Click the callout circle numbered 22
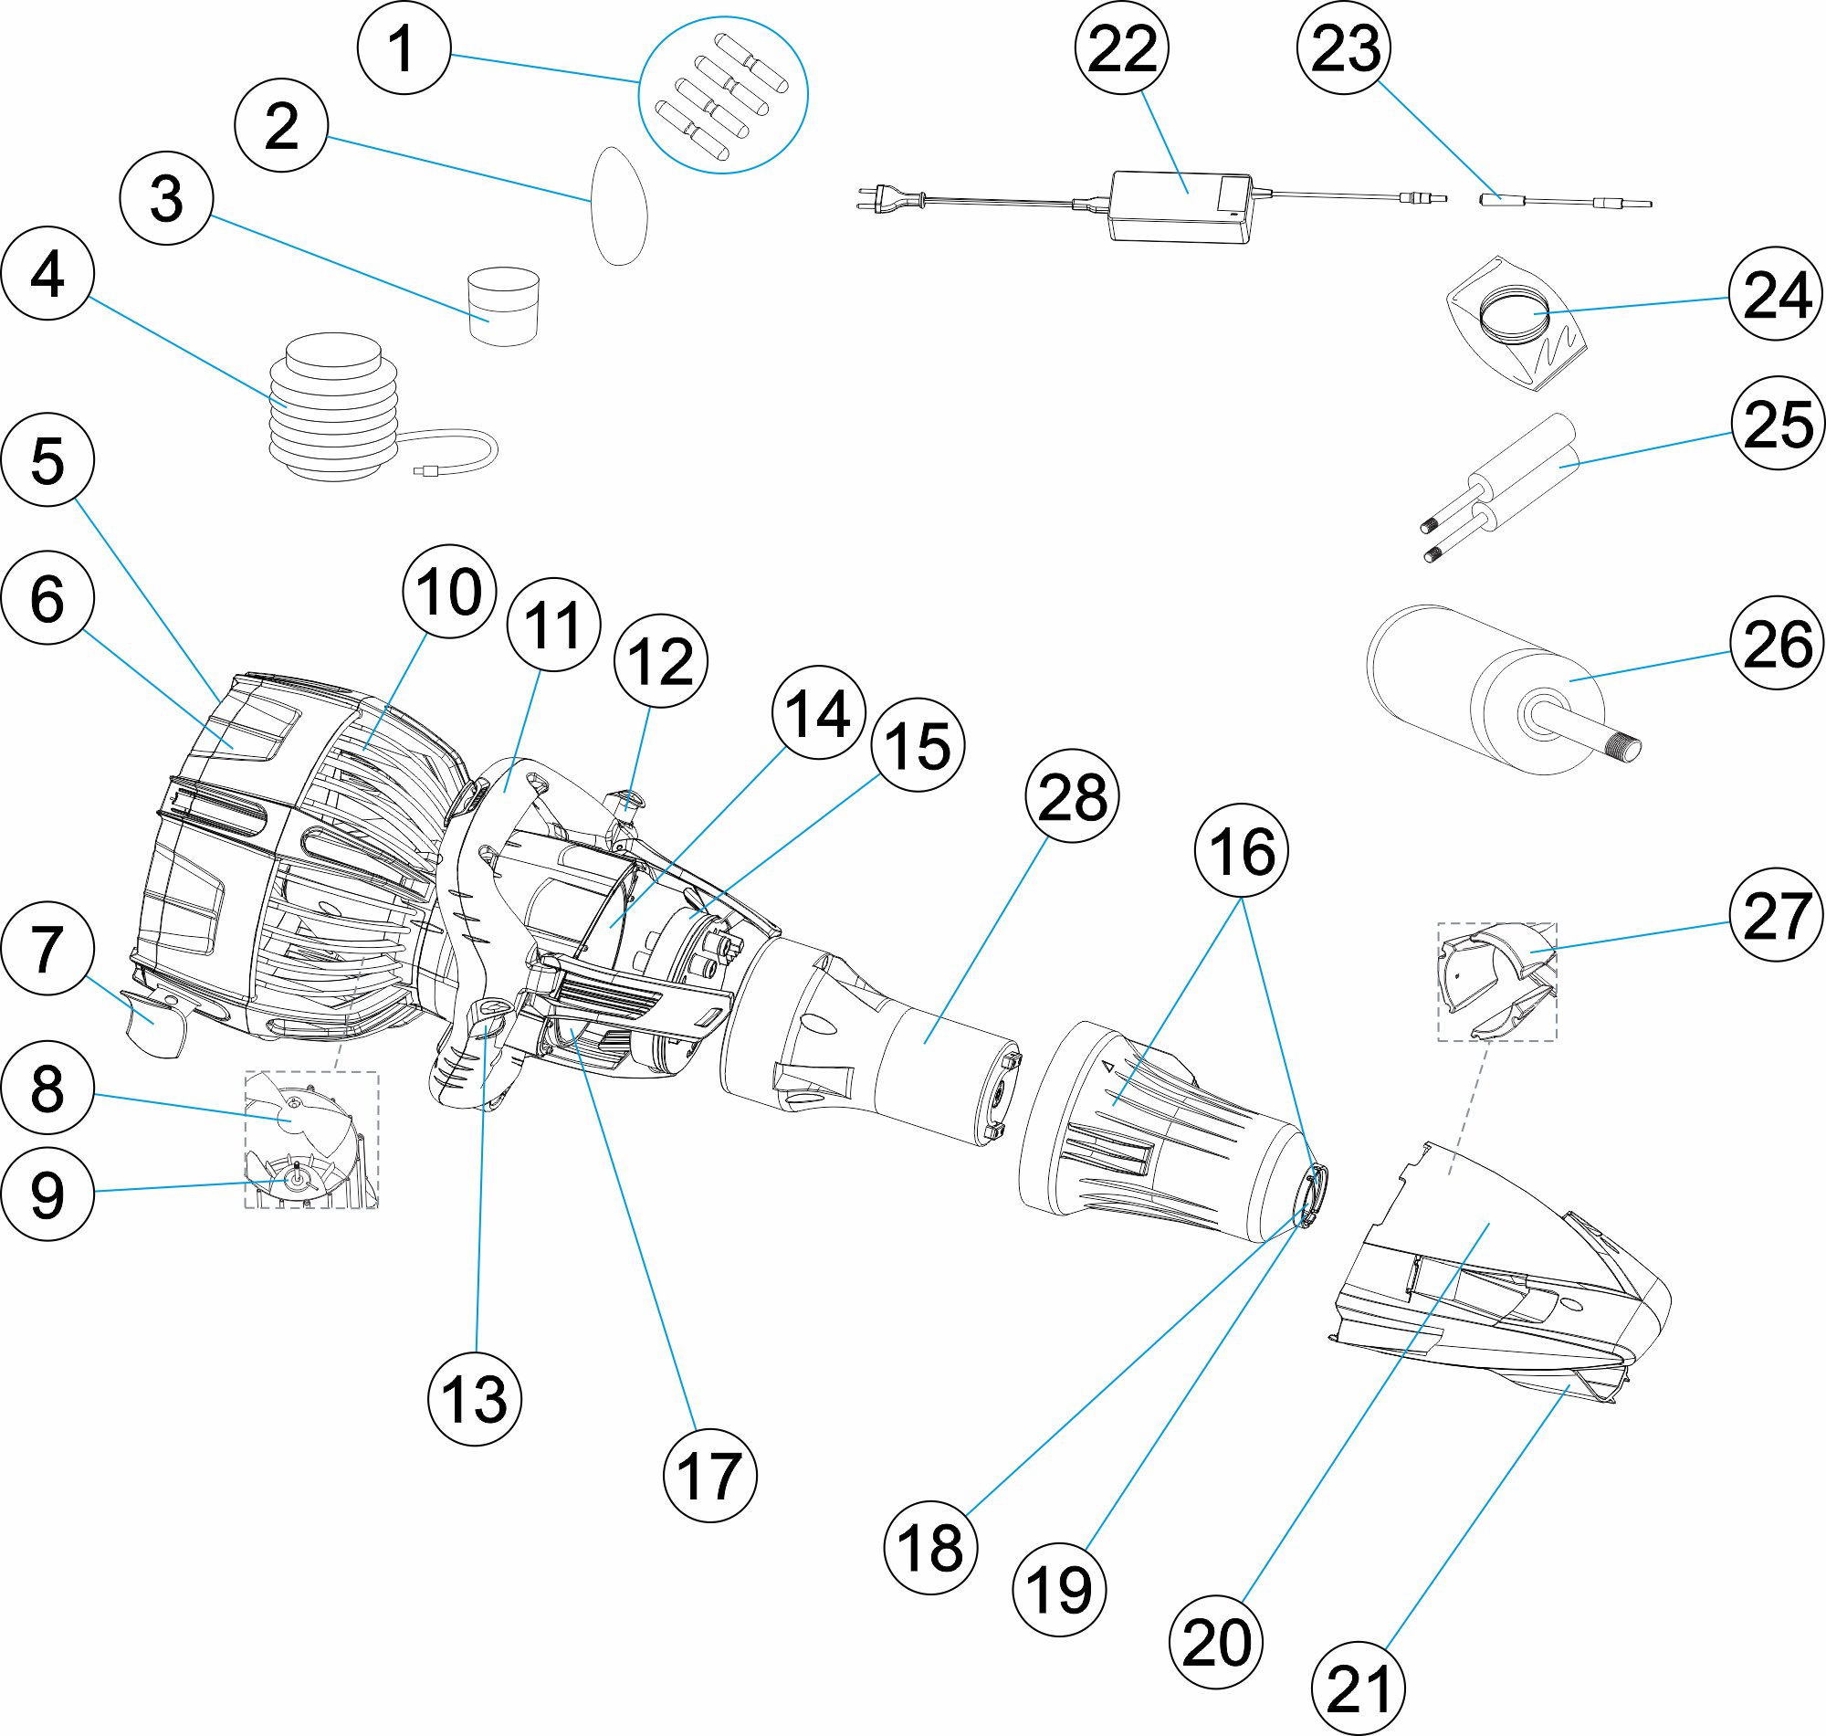[x=1121, y=47]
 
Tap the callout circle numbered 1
[x=404, y=48]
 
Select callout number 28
[x=1072, y=795]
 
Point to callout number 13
[x=475, y=1398]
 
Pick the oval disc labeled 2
[x=619, y=205]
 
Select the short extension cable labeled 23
[x=1563, y=201]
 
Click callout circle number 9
[x=47, y=1194]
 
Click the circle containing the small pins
[x=723, y=94]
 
